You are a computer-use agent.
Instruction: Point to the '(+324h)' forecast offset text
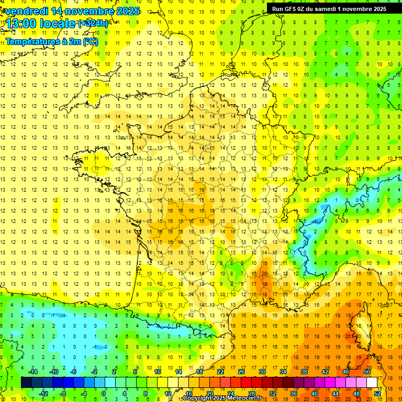(93, 24)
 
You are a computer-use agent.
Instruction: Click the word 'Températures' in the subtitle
(33, 41)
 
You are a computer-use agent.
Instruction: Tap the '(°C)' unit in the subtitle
(90, 41)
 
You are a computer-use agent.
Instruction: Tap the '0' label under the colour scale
(103, 393)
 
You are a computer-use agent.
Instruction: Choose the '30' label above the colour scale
(262, 372)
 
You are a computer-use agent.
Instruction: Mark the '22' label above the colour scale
(220, 372)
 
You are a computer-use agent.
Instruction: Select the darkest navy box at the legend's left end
(26, 382)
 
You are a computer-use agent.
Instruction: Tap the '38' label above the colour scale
(304, 372)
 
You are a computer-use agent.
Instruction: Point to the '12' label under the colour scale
(168, 393)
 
